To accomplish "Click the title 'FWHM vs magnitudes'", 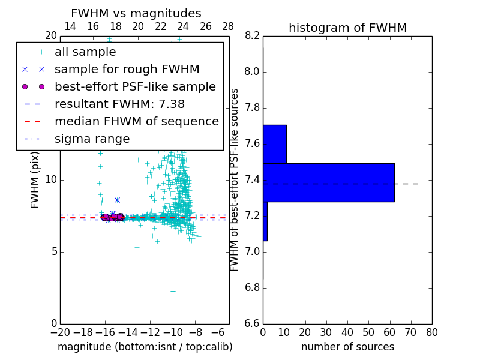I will point(136,14).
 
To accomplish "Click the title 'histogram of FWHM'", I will point(347,28).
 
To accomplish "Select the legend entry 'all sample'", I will point(85,52).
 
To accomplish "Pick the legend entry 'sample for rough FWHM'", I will point(127,70).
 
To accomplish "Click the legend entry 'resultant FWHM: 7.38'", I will point(127,104).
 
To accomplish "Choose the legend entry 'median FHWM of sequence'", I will point(136,122).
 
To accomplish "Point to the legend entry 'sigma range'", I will point(92,139).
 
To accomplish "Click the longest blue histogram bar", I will point(328,182).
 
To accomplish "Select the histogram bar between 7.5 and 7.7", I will point(274,144).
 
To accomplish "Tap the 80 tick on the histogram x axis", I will point(431,332).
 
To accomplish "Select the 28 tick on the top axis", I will point(228,26).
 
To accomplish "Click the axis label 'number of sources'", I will point(347,347).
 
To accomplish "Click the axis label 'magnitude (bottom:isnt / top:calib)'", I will point(145,347).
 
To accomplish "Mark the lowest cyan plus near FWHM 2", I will point(173,292).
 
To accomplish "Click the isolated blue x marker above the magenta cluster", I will point(117,200).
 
